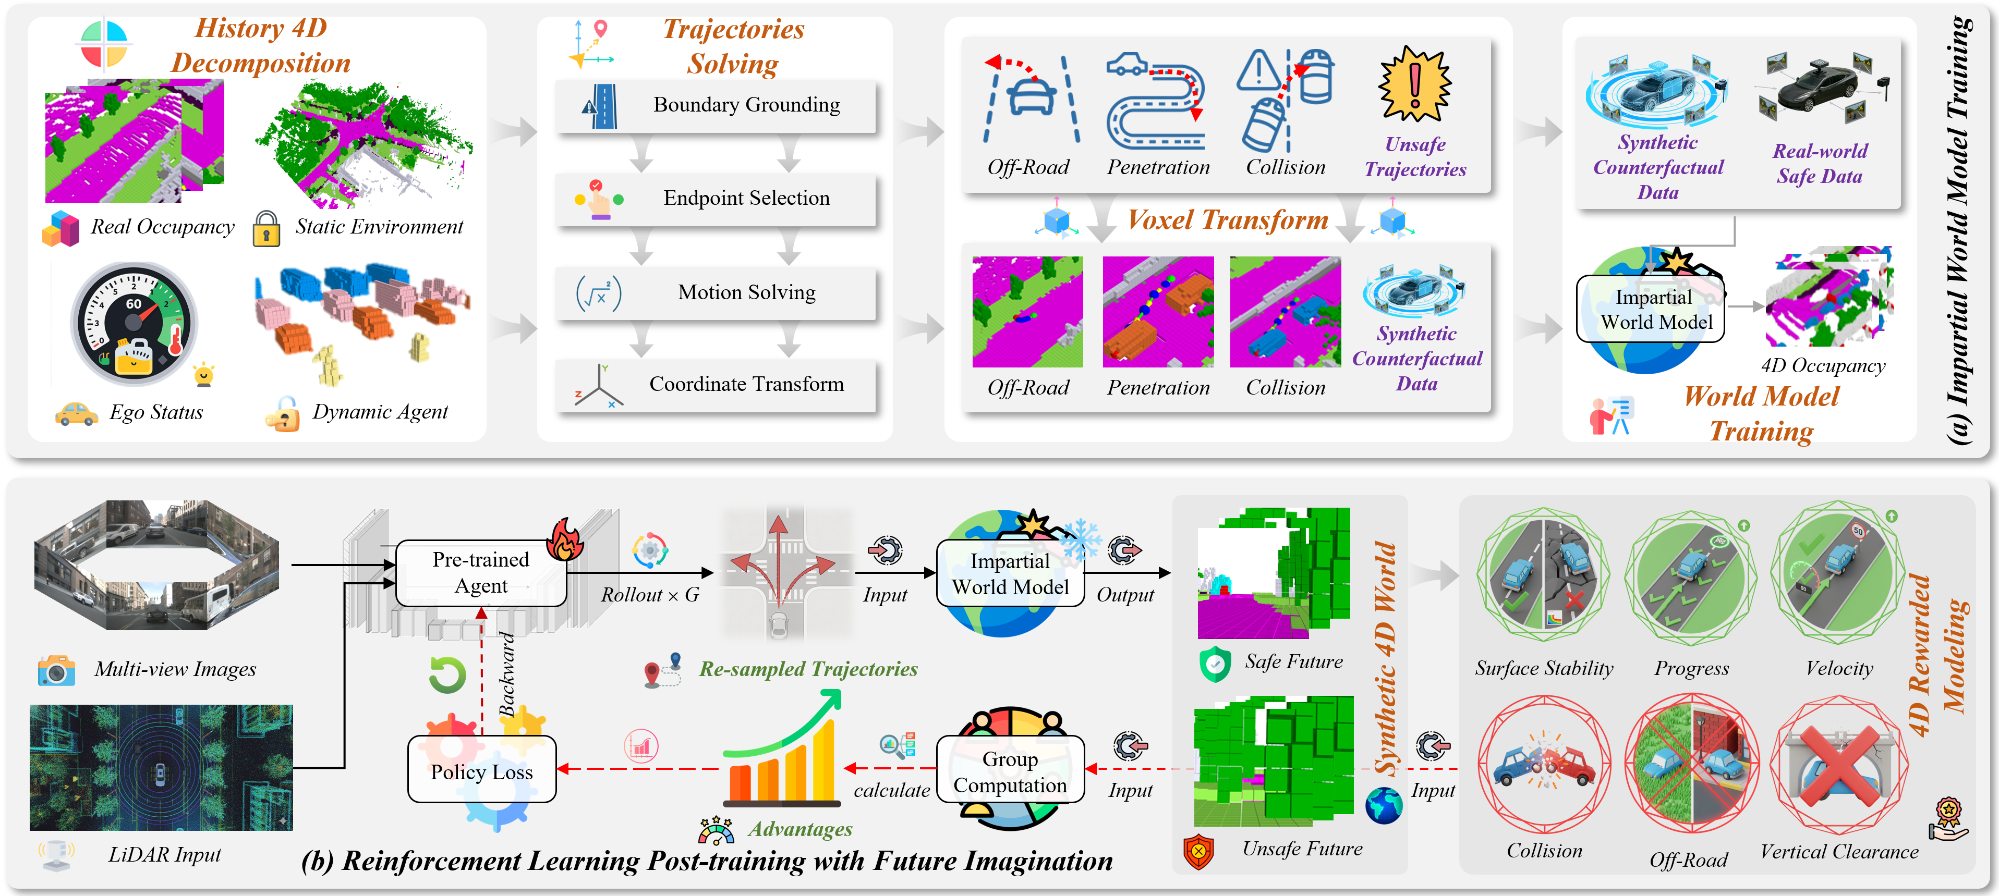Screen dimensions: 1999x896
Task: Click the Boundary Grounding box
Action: [x=716, y=105]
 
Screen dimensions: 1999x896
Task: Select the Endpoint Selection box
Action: [x=716, y=199]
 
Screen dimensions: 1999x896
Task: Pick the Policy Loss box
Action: [x=482, y=769]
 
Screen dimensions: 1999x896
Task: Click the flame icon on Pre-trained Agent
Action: [x=565, y=538]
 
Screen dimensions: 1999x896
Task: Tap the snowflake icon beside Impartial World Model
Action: [x=1081, y=539]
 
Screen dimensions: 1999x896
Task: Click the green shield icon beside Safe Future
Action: [x=1215, y=664]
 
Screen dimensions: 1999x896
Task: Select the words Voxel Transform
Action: [x=1228, y=220]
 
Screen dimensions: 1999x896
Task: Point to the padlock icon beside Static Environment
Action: [x=266, y=229]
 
